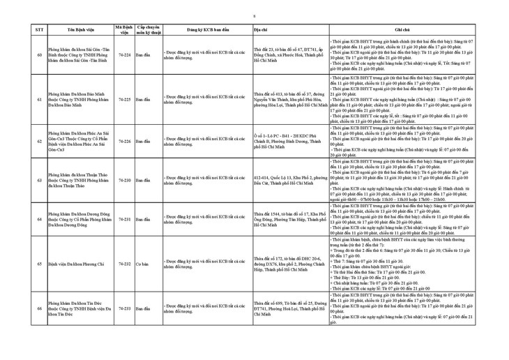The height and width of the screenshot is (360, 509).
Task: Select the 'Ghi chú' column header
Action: (402, 31)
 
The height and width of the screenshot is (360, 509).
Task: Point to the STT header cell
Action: (39, 31)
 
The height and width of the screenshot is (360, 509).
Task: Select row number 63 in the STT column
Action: (39, 180)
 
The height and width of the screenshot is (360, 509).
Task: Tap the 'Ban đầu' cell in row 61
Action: (142, 99)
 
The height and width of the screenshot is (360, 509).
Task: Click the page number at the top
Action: (254, 15)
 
